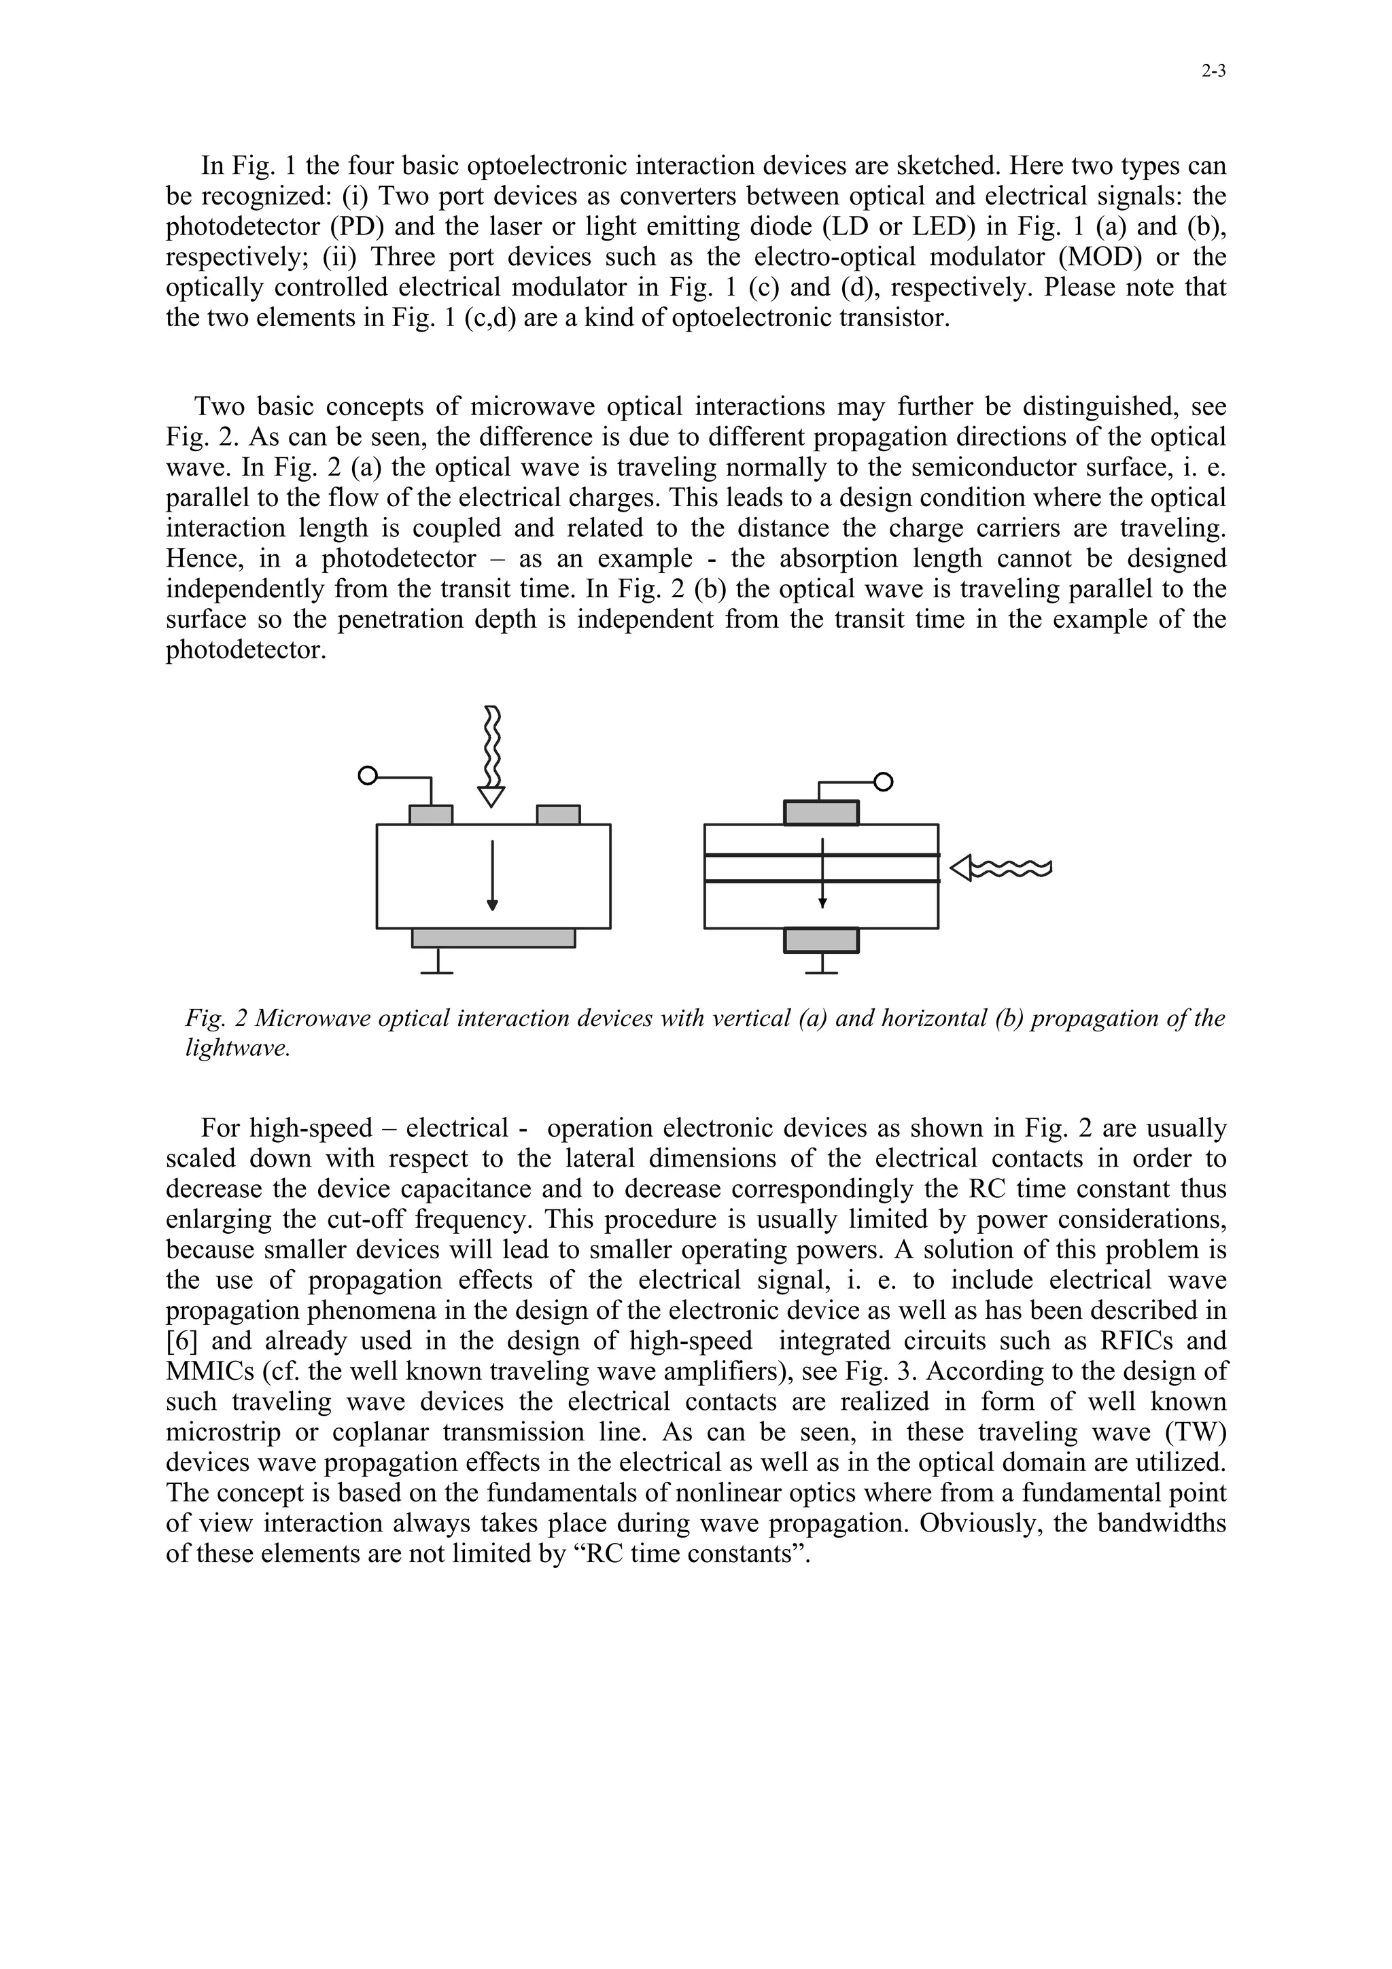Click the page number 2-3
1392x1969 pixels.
1213,72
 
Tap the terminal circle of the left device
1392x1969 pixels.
367,776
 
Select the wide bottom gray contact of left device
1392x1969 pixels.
493,938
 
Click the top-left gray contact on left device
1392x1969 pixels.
430,814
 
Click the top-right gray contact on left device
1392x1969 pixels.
558,814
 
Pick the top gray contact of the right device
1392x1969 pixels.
821,812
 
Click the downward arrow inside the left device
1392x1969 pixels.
492,874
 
